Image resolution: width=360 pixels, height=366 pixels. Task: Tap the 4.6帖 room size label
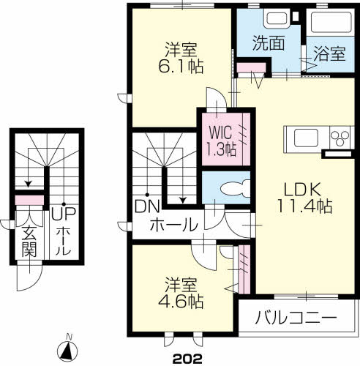182,300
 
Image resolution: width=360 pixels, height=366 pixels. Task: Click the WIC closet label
220,134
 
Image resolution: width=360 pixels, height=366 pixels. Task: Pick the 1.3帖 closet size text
220,149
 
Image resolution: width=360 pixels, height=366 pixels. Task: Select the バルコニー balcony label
296,318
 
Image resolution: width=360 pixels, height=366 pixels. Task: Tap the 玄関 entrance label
29,243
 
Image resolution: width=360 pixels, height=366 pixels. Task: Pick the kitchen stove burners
341,138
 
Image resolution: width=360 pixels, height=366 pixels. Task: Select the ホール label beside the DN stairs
173,225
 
